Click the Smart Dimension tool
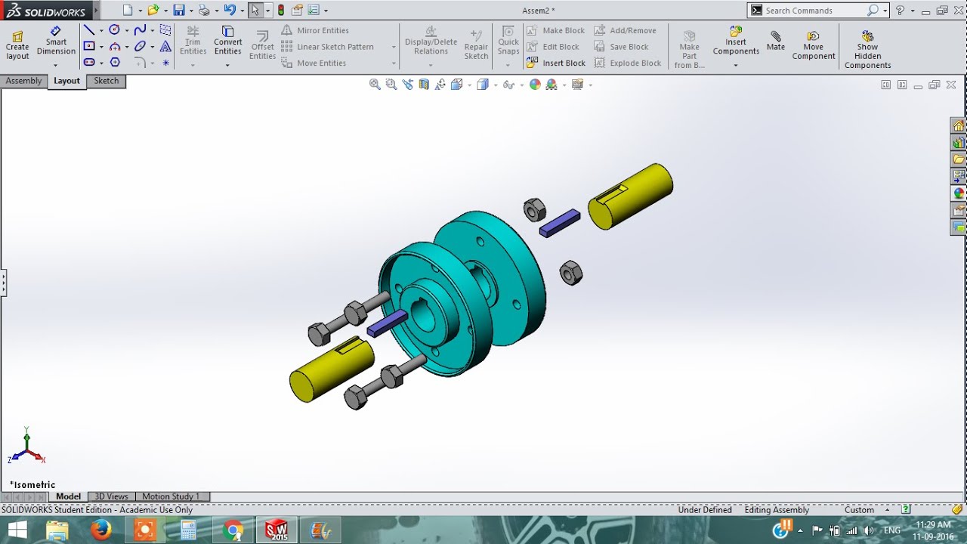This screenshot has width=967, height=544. [56, 42]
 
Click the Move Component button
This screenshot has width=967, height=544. [813, 45]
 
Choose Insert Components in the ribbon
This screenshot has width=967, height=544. [736, 42]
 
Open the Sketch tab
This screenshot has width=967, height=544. [106, 81]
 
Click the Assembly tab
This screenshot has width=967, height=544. [23, 81]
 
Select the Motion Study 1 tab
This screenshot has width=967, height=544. [171, 496]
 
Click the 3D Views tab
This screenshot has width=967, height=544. [111, 496]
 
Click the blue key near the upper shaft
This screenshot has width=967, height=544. [560, 223]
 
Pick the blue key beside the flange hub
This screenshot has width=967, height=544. [387, 323]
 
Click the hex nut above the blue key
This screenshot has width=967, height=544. [535, 209]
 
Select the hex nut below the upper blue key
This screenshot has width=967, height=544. [571, 273]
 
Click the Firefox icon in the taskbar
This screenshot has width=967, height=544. [101, 530]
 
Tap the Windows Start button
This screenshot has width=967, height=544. [15, 530]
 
